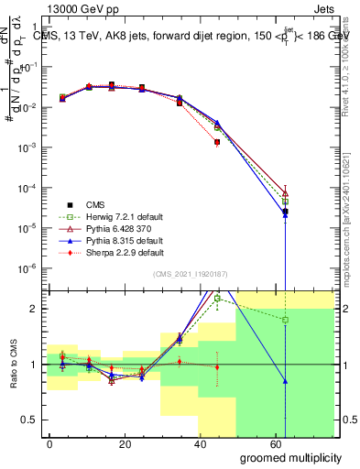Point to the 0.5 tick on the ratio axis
[x=27, y=420]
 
